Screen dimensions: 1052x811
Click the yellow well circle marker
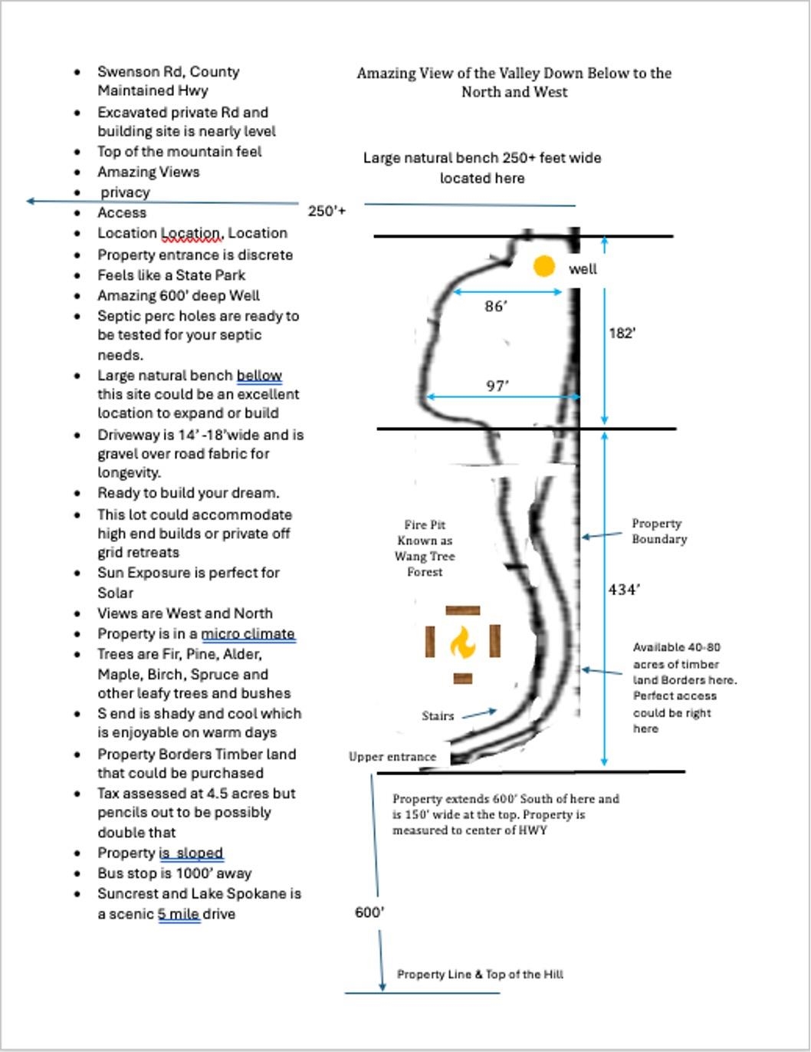(x=543, y=267)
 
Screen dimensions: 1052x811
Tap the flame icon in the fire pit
(x=462, y=643)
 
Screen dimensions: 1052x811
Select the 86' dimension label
(x=496, y=307)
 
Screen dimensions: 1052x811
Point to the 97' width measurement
(x=497, y=386)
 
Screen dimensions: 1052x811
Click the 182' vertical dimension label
(x=622, y=334)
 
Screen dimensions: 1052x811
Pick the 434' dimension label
(x=624, y=590)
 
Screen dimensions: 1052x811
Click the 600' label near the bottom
(x=369, y=912)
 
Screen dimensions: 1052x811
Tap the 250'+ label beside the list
(x=327, y=211)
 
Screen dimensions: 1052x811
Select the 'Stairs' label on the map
(x=438, y=716)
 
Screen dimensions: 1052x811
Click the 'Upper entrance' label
(x=392, y=757)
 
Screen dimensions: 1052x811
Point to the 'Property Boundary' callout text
(x=658, y=531)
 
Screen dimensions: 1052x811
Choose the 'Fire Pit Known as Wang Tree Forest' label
(x=425, y=548)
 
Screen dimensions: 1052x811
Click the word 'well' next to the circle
(x=583, y=269)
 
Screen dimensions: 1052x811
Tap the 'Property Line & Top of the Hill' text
(x=480, y=975)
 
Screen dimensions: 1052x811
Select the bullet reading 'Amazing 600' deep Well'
(x=179, y=296)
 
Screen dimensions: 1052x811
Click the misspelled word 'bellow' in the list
(x=259, y=376)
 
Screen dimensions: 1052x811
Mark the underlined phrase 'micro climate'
(x=248, y=634)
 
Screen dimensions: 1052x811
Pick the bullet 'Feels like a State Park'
(x=172, y=275)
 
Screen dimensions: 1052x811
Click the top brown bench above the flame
(x=462, y=610)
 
